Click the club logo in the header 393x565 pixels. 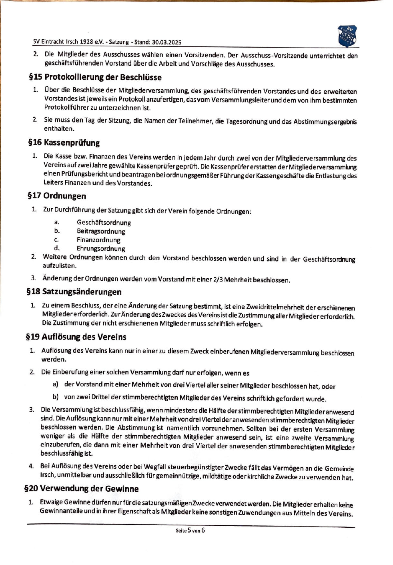347,36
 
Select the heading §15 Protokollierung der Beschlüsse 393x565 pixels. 95,77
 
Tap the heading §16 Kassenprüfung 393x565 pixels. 64,143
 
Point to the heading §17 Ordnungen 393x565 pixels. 57,196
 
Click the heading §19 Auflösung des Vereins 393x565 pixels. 76,337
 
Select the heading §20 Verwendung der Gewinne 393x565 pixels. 82,489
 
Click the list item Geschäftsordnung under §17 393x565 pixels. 104,223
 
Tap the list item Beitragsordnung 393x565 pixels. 101,231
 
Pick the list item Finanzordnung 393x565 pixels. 98,240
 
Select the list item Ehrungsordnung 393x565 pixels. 101,249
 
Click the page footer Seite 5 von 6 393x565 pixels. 190,531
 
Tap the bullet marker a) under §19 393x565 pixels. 56,384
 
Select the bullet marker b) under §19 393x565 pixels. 56,397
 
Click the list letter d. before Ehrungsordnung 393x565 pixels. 57,248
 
